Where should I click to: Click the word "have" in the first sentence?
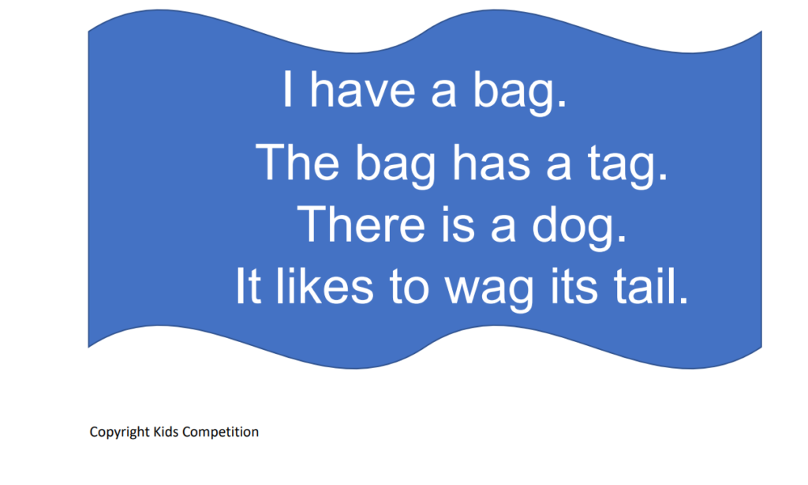[362, 89]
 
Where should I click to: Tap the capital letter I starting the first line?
[287, 89]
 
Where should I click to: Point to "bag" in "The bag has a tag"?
[396, 166]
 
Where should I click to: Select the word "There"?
[361, 224]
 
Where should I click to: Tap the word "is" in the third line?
[458, 224]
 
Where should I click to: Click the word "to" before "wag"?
[410, 287]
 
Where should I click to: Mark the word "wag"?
[489, 291]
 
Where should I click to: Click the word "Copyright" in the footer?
[120, 432]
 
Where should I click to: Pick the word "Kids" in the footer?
[166, 431]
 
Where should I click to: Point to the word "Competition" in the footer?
[221, 432]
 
